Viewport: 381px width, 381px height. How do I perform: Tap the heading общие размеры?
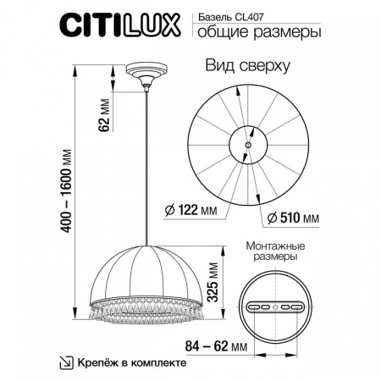point(259,33)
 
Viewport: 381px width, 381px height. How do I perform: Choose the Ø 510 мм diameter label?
point(293,218)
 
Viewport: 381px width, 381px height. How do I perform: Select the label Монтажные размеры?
point(272,250)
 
